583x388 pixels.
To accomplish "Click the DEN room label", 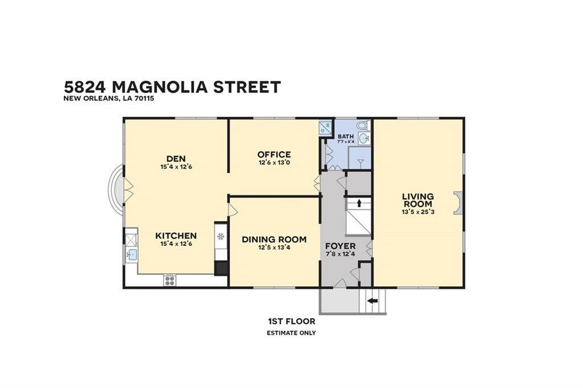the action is (x=176, y=159).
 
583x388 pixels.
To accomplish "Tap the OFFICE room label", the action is (x=274, y=155).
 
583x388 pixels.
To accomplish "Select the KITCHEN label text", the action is (x=176, y=236).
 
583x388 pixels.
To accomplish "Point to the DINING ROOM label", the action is (x=274, y=240).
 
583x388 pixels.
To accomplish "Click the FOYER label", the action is (x=340, y=246).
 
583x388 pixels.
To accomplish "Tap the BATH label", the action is (x=346, y=137).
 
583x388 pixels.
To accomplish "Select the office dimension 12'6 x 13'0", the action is (x=274, y=162).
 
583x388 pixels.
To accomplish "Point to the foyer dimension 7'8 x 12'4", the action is (x=340, y=254).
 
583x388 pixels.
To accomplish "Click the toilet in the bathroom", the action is (x=363, y=124).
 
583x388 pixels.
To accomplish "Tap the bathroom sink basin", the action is (x=364, y=138).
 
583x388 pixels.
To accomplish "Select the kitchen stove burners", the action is (x=170, y=280).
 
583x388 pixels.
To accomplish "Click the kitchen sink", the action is (x=132, y=255).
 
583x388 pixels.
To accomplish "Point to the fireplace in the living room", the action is (x=458, y=203).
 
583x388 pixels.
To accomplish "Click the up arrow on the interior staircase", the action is (x=359, y=203).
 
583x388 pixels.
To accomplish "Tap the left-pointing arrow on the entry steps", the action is (x=372, y=300).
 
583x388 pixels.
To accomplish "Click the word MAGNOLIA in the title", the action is (x=159, y=87).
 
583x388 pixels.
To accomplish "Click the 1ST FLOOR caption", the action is (x=291, y=321).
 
